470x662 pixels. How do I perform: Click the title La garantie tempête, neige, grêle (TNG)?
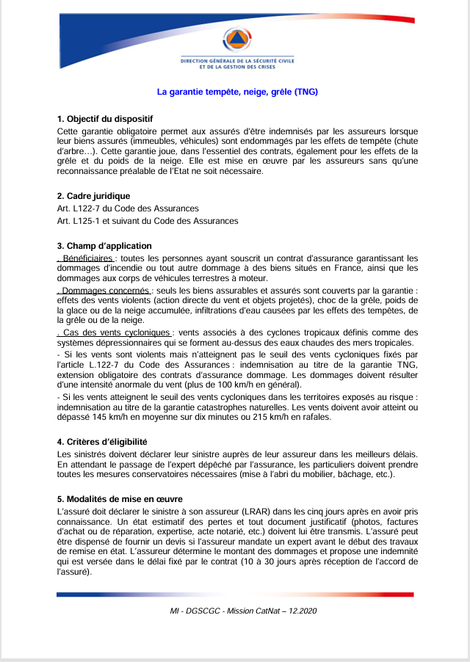237,92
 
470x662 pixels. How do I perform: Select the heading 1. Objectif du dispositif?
104,118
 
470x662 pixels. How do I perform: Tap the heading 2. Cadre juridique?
93,196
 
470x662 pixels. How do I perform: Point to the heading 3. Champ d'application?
104,246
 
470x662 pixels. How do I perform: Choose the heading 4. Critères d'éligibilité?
102,442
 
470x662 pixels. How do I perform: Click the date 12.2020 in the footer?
302,611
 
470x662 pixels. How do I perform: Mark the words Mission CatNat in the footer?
251,611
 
